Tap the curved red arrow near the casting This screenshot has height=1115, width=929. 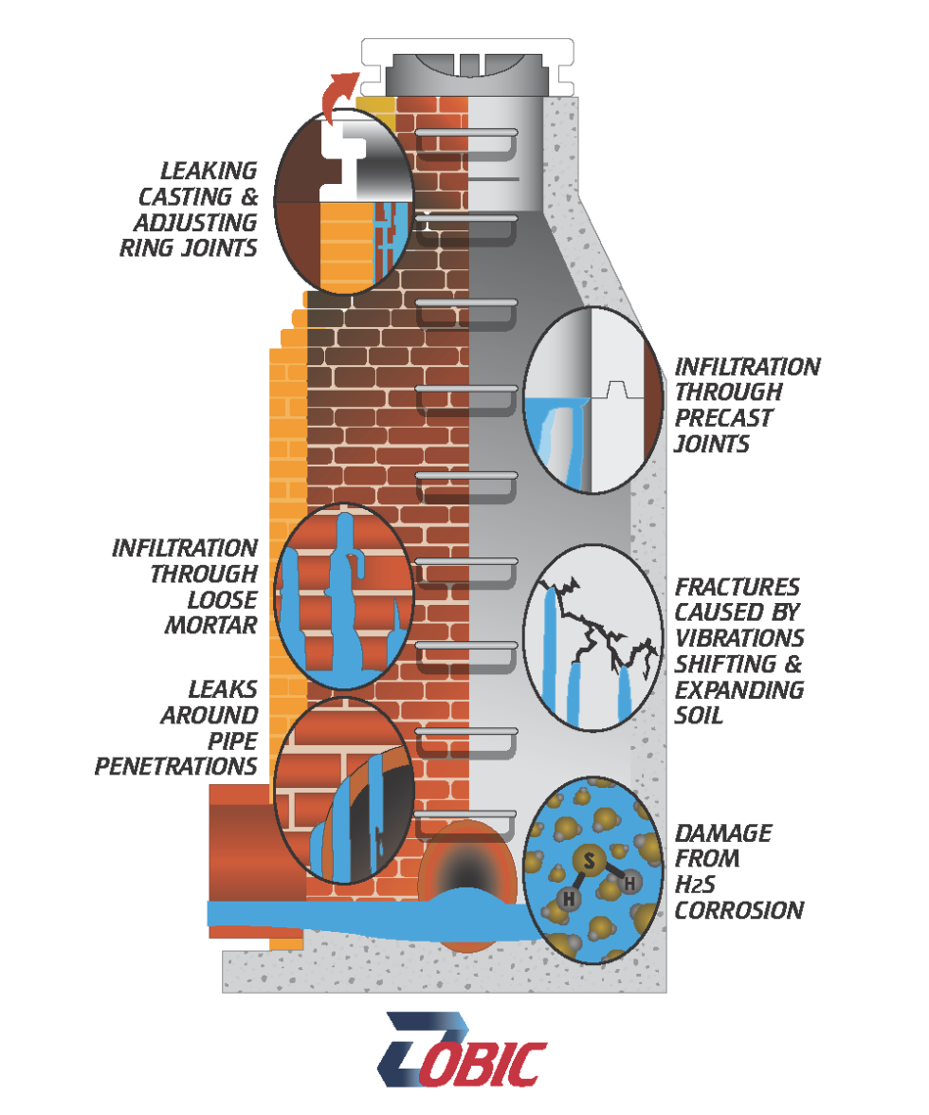pyautogui.click(x=337, y=95)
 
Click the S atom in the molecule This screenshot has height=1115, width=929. pyautogui.click(x=588, y=861)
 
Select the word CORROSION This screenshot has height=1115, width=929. pyautogui.click(x=738, y=911)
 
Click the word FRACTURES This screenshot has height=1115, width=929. pyautogui.click(x=737, y=587)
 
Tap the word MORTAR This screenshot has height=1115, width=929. pyautogui.click(x=210, y=625)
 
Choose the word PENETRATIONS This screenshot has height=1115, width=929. pyautogui.click(x=176, y=764)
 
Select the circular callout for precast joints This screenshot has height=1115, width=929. pyautogui.click(x=593, y=401)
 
